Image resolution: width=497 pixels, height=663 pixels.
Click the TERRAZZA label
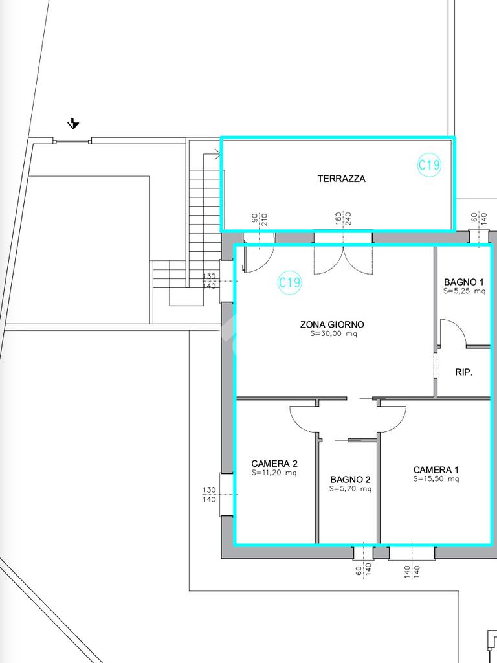click(342, 179)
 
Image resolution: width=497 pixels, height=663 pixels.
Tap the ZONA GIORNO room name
click(332, 325)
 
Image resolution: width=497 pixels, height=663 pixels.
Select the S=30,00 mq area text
click(333, 333)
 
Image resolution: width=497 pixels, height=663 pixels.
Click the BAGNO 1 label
click(463, 282)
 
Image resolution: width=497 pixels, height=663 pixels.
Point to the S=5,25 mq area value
click(464, 291)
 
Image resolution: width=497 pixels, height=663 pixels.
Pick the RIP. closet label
click(463, 372)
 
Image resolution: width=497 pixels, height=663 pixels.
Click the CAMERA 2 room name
click(274, 464)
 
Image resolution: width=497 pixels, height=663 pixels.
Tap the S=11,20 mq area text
click(274, 473)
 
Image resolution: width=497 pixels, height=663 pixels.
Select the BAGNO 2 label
click(350, 480)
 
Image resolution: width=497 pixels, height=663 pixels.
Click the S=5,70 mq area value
click(350, 489)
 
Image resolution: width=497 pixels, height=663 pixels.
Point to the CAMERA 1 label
click(436, 470)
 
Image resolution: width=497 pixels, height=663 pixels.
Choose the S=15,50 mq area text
click(436, 478)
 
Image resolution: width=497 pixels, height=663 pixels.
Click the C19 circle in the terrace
click(429, 164)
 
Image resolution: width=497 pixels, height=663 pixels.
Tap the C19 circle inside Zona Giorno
click(289, 282)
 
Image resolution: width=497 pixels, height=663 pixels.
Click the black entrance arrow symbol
click(74, 124)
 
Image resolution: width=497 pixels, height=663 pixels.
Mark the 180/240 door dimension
click(343, 219)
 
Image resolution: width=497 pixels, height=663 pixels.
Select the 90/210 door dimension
click(260, 219)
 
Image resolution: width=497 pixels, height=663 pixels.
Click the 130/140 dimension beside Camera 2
click(209, 494)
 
